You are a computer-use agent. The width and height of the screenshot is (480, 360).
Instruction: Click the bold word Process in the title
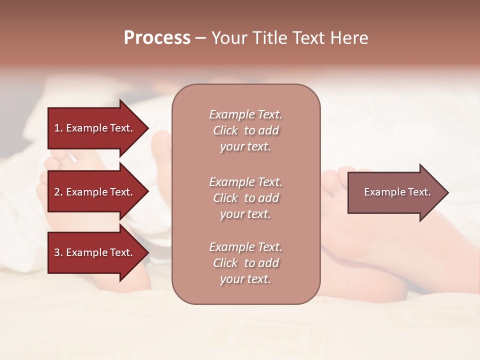(x=157, y=38)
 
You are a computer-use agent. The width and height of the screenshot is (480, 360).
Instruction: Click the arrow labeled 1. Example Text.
(x=95, y=128)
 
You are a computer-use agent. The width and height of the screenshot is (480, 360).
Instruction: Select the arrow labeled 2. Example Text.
(x=95, y=192)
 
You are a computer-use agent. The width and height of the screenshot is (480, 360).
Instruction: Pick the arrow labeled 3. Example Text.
(x=95, y=252)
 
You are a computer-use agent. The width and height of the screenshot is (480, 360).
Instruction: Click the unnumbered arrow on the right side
(x=395, y=192)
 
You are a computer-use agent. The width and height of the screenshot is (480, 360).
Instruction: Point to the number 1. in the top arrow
(x=58, y=128)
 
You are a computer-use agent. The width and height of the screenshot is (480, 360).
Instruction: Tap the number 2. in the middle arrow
(x=58, y=192)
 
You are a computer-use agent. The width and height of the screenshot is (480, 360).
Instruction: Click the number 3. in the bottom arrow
(x=58, y=252)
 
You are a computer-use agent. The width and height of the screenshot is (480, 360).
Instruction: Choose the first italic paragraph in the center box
(x=245, y=130)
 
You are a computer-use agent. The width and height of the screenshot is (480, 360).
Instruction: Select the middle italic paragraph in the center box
(x=245, y=198)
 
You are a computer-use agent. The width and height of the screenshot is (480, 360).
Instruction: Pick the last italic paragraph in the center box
(x=245, y=263)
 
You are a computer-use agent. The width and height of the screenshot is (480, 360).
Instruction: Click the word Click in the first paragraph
(x=225, y=130)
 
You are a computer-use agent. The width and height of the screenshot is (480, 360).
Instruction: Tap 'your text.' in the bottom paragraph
(x=245, y=279)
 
